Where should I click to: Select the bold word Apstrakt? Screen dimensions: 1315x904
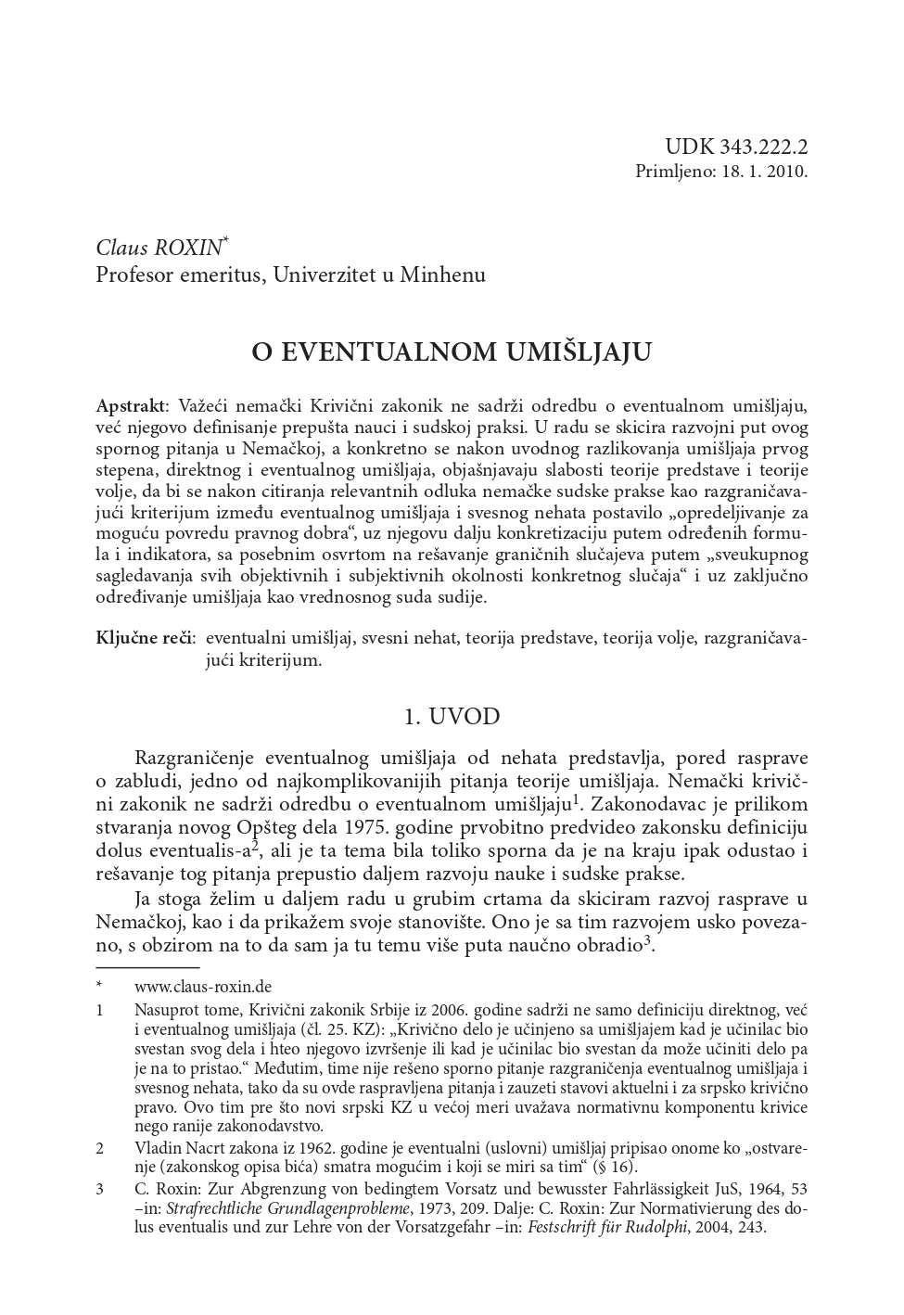(x=131, y=406)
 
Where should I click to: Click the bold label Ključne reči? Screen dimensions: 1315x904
(x=145, y=639)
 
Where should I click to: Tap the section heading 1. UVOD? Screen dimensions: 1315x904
(x=452, y=716)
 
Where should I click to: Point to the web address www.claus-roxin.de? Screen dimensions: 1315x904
(x=203, y=987)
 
